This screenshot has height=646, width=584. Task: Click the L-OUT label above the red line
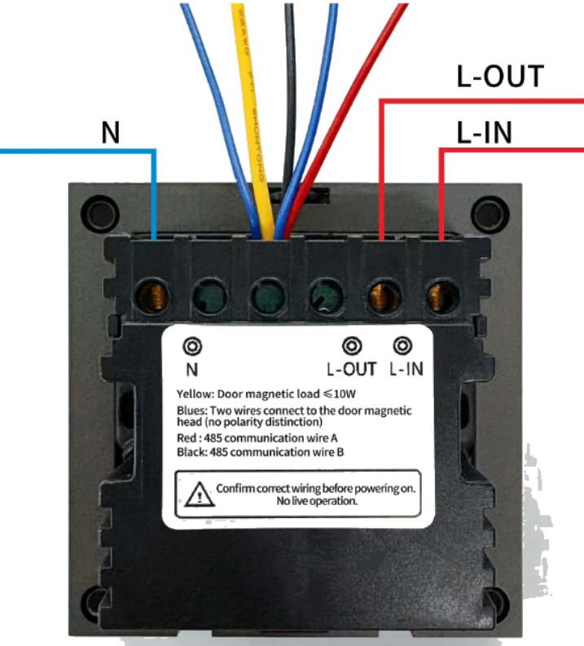[x=499, y=77]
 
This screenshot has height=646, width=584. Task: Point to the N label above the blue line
[x=111, y=133]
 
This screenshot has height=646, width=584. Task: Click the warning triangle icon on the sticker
[x=196, y=494]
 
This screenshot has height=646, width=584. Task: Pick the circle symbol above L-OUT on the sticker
[x=351, y=346]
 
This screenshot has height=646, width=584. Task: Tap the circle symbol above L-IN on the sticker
[x=401, y=345]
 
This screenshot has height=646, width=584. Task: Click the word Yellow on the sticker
[x=193, y=393]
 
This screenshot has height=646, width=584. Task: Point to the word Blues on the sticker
[x=191, y=411]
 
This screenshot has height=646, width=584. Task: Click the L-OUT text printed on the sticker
[x=352, y=369]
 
